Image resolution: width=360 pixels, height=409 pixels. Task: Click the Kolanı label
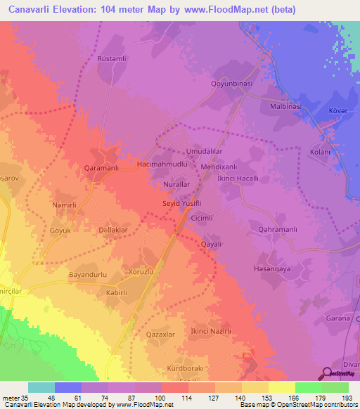coord(321,152)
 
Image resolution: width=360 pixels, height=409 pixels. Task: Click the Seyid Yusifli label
coord(183,203)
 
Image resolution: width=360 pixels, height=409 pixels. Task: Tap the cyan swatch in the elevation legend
coord(41,387)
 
